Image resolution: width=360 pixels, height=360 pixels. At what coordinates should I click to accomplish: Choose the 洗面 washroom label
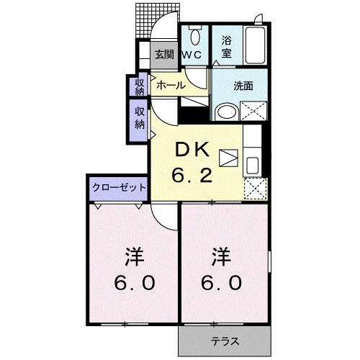click(243, 86)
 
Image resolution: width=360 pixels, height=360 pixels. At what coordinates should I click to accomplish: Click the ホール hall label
click(171, 85)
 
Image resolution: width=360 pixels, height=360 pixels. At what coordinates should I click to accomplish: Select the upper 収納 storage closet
click(139, 86)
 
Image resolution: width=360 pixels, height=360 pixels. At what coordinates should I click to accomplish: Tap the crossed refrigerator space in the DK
click(253, 186)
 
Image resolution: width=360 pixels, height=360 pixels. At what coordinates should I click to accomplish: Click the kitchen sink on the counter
click(254, 164)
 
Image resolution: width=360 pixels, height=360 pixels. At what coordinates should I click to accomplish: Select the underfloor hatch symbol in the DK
click(228, 157)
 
